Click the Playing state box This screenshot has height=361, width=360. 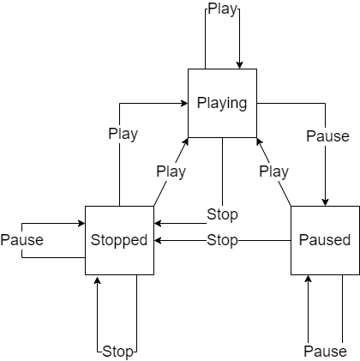click(222, 103)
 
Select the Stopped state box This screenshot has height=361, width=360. click(119, 240)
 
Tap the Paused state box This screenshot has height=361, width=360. click(325, 240)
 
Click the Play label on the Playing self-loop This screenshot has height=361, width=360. click(222, 9)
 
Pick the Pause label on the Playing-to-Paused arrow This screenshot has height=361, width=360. click(327, 136)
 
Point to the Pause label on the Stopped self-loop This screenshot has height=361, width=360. click(22, 240)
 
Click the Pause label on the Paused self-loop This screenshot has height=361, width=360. click(325, 352)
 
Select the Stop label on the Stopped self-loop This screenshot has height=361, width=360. click(117, 352)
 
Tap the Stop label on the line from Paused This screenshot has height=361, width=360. click(222, 240)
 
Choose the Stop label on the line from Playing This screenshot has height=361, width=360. click(222, 214)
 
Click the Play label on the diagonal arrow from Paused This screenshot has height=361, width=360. click(273, 171)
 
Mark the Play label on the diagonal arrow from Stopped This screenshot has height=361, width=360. click(171, 171)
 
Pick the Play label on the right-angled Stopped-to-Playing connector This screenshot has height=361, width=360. click(123, 134)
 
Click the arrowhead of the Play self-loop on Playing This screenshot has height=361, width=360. click(239, 65)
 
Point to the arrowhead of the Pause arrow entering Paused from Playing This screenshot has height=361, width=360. click(325, 202)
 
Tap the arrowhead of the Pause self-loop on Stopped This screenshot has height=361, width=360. click(81, 223)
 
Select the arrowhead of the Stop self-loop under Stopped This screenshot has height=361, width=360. click(97, 280)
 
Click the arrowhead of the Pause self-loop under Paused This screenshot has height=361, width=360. click(308, 279)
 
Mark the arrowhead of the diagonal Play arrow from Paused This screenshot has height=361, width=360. click(259, 141)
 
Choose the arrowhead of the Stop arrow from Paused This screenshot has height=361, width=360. click(158, 240)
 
